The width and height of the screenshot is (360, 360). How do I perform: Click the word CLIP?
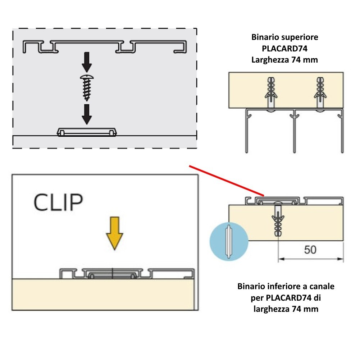point(58,202)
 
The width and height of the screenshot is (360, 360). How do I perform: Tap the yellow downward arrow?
point(114,233)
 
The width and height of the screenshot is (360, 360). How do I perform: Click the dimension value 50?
point(310,250)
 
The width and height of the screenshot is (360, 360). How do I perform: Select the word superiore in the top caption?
point(300,37)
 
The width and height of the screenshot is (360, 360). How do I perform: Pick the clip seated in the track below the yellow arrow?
point(112,274)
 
